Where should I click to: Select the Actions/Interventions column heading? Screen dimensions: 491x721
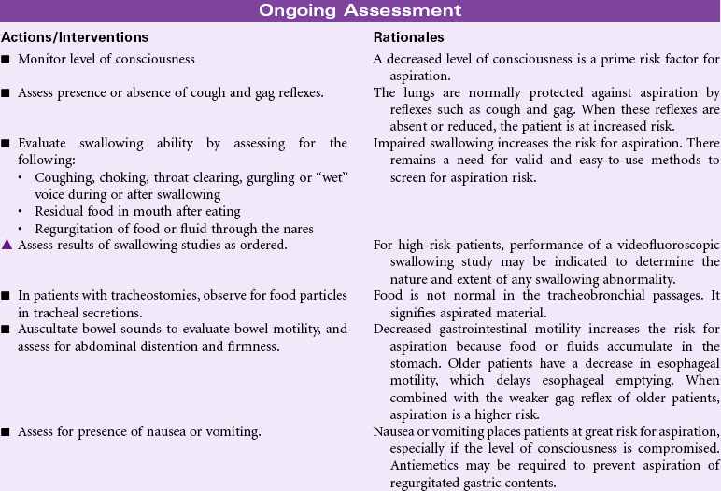tap(75, 37)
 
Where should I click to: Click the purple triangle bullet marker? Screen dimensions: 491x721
tap(7, 245)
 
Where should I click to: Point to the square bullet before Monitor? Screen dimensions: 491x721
tap(7, 60)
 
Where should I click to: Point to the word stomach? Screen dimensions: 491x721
tap(404, 362)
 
